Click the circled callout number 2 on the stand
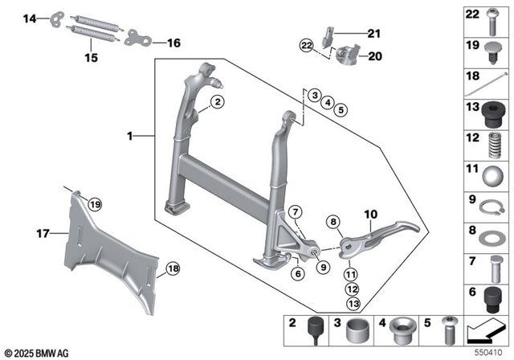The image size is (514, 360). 217,101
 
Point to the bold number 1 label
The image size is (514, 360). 130,137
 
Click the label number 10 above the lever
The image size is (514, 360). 370,215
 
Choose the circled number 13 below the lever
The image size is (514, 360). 353,303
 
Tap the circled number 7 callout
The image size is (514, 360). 296,213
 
